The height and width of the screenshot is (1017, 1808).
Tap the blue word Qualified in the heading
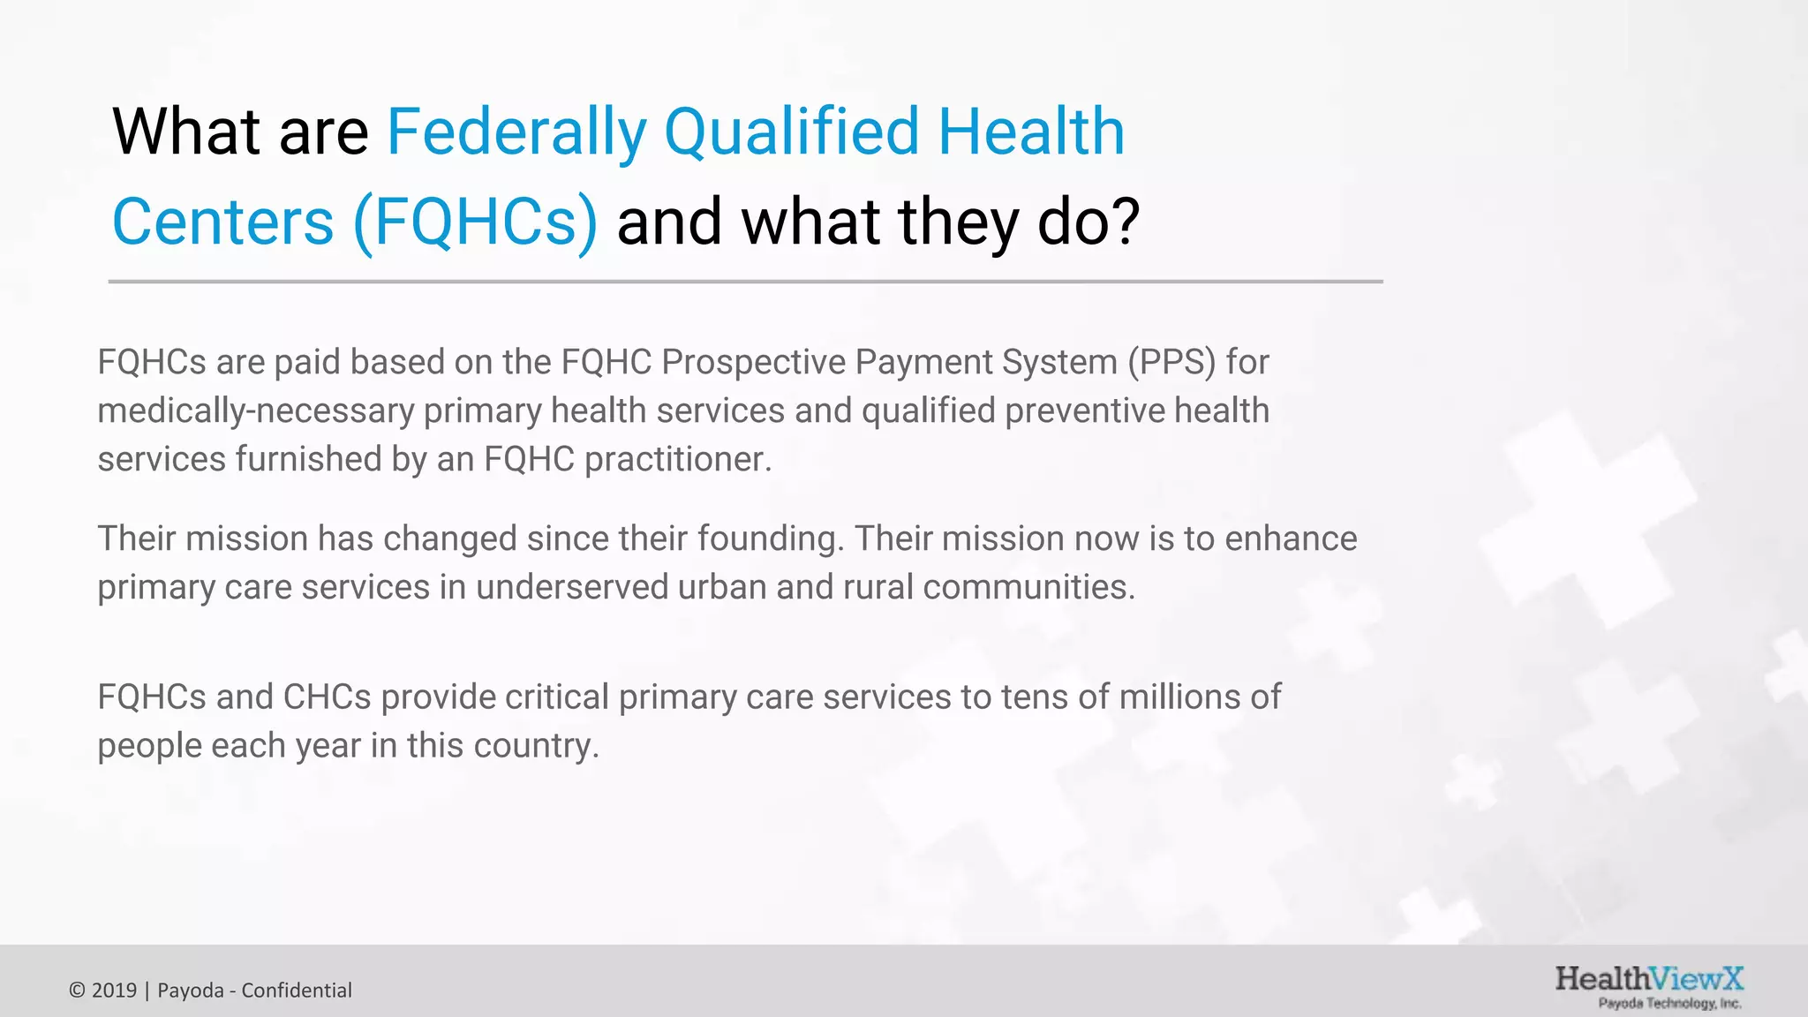pyautogui.click(x=792, y=132)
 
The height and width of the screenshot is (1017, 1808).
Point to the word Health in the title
pyautogui.click(x=1030, y=132)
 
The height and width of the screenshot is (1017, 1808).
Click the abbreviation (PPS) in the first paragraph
pyautogui.click(x=1171, y=362)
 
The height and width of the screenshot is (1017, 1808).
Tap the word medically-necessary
pyautogui.click(x=256, y=411)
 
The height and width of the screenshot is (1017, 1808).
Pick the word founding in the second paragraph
pyautogui.click(x=770, y=539)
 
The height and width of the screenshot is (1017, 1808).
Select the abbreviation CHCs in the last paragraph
pyautogui.click(x=327, y=697)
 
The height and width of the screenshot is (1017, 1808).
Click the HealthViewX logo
pyautogui.click(x=1648, y=979)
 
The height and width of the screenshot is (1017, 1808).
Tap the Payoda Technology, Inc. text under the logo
pyautogui.click(x=1669, y=1004)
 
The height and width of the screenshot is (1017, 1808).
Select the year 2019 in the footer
pyautogui.click(x=114, y=991)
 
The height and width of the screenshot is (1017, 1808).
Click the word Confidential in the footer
pyautogui.click(x=297, y=991)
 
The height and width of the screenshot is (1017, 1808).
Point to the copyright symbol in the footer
pyautogui.click(x=77, y=991)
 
